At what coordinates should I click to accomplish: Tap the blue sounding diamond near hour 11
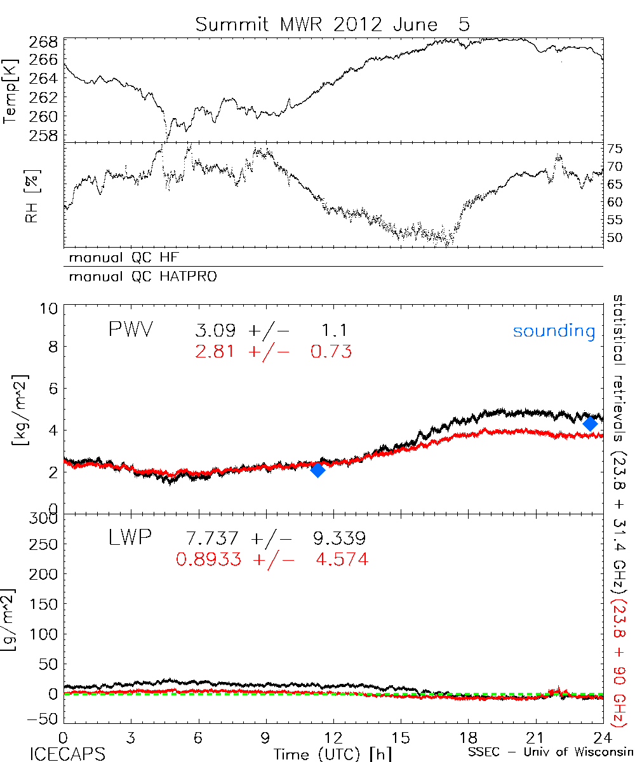(318, 470)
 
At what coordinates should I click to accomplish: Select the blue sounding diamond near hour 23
(590, 424)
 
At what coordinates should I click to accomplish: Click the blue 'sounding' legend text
(554, 331)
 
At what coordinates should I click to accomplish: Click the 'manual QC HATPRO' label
(138, 277)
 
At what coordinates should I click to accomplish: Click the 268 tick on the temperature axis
(44, 42)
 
